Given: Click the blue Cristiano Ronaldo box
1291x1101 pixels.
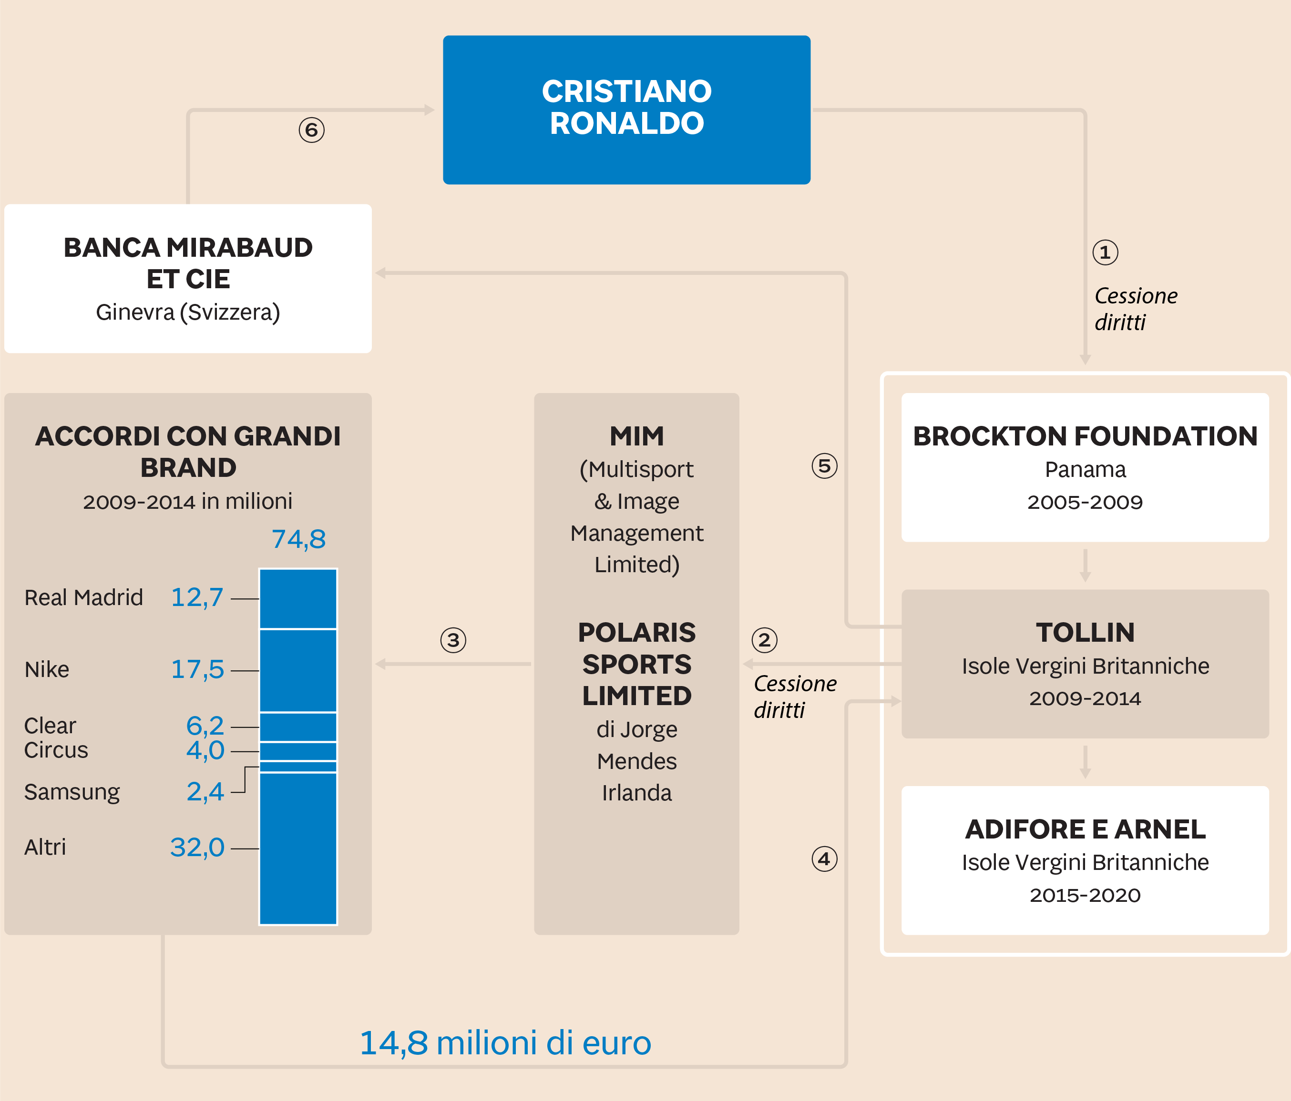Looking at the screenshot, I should tap(626, 110).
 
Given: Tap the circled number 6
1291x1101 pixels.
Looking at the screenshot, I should tap(311, 130).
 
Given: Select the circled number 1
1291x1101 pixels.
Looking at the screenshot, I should tap(1106, 252).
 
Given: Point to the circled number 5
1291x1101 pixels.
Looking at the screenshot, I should tap(824, 466).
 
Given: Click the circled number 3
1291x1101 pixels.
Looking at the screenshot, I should tap(453, 640).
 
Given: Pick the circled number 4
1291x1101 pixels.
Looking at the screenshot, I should tap(824, 859).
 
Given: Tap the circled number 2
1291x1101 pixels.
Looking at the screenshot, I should tap(765, 640).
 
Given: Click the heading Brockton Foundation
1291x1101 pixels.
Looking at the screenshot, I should tap(1085, 436).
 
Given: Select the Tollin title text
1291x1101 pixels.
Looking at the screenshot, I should tap(1085, 633).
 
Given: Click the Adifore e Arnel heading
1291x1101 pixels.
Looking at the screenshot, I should tap(1085, 829).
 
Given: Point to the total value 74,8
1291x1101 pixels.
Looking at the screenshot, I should tap(298, 539).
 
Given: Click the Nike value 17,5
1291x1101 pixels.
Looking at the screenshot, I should tap(197, 670).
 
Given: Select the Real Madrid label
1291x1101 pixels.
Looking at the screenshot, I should tap(83, 598).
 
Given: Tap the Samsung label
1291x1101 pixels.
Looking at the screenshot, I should tap(72, 792).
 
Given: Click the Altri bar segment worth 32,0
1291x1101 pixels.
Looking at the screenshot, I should tap(298, 848).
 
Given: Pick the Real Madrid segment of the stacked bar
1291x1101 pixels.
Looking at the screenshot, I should tap(298, 599).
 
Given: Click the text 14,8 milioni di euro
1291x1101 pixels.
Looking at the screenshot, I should tap(505, 1043).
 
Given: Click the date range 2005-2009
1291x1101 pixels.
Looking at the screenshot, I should tap(1085, 502).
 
